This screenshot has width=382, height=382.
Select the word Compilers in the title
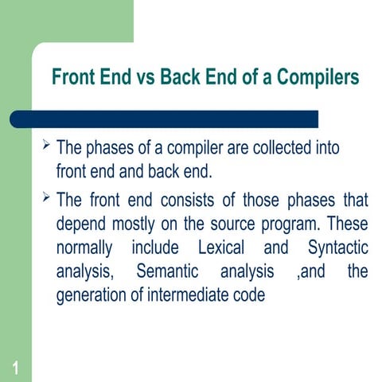click(318, 78)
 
